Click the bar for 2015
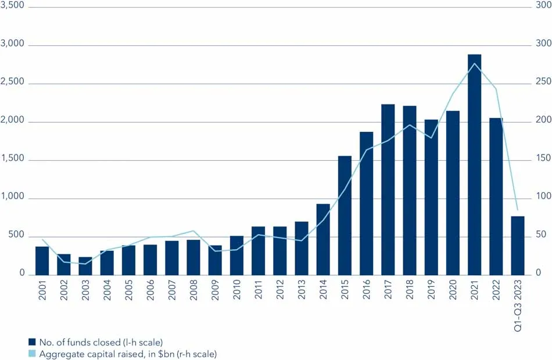[x=345, y=215]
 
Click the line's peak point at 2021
[x=474, y=63]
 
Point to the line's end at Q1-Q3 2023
[x=518, y=210]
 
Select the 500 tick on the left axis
[x=15, y=235]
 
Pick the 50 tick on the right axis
[x=540, y=235]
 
